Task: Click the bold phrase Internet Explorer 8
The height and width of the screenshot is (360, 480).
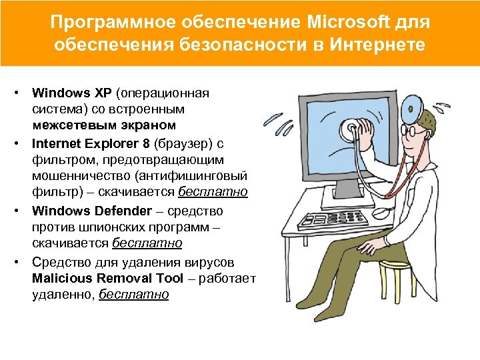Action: (91, 143)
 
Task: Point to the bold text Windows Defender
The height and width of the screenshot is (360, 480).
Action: (92, 211)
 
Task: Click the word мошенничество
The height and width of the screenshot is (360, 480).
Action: (81, 176)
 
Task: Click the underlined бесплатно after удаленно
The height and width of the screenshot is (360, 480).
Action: (134, 295)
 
